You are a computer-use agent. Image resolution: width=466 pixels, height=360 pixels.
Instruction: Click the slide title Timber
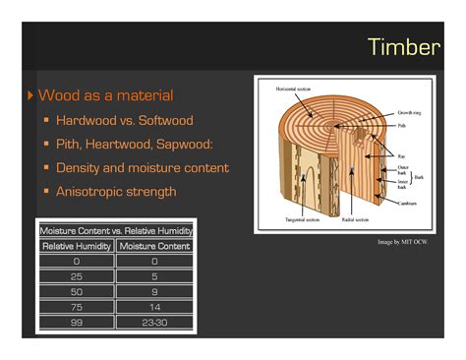click(403, 46)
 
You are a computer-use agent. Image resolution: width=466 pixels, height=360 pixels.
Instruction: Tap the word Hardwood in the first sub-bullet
click(88, 121)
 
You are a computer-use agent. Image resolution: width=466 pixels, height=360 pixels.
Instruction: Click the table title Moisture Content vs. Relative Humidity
click(115, 230)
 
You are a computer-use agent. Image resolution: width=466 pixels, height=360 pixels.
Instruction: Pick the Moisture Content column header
click(154, 246)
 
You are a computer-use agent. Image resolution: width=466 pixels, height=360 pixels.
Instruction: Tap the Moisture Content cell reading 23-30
click(154, 322)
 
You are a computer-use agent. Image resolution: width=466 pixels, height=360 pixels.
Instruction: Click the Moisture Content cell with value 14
click(154, 307)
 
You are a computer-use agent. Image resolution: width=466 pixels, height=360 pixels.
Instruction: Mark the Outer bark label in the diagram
click(404, 170)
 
